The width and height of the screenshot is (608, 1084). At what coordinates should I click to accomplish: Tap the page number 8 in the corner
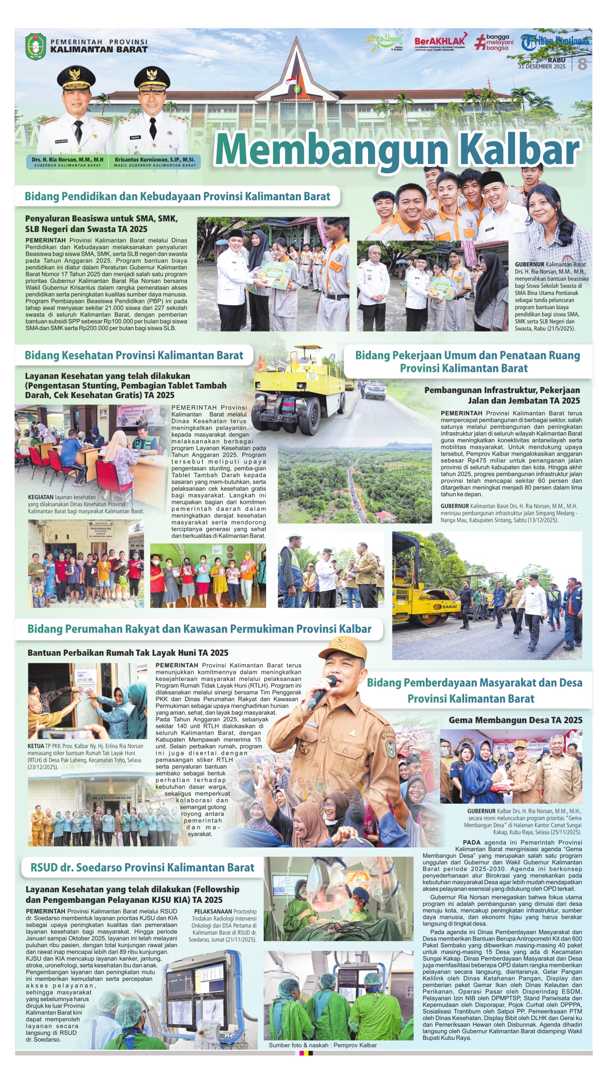[582, 64]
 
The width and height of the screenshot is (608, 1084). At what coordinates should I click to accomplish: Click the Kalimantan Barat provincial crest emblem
[36, 46]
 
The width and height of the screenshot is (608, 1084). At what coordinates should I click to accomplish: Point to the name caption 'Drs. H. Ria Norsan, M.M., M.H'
[67, 160]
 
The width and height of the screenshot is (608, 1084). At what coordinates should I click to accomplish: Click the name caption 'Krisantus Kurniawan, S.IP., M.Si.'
[155, 160]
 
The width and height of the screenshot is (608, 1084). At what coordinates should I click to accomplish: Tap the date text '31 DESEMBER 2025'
[542, 66]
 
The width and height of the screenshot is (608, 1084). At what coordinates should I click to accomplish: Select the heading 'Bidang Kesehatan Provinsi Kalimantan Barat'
[134, 355]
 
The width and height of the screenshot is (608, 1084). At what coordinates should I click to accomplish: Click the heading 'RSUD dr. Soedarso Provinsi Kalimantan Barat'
[142, 867]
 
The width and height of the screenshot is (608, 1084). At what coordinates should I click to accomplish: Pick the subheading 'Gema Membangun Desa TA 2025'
[515, 720]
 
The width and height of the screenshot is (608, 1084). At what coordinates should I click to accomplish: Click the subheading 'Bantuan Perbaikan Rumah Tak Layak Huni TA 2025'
[128, 653]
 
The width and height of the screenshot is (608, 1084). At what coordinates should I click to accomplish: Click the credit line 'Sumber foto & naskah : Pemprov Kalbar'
[322, 1045]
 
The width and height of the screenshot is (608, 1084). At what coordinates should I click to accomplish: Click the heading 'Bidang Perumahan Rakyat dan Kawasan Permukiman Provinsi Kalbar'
[199, 629]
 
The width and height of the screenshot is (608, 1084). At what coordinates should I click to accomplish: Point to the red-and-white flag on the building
[291, 80]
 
